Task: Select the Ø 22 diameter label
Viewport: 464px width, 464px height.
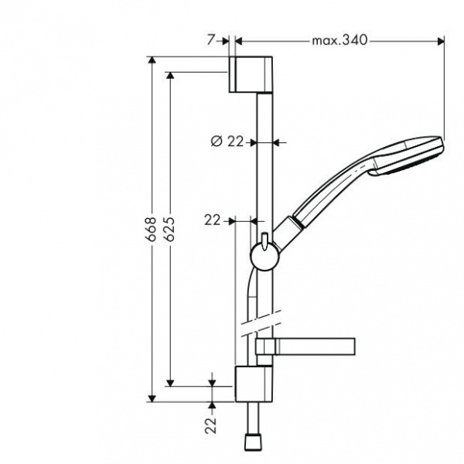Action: [x=227, y=141]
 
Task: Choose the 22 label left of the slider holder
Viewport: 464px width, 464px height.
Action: [x=213, y=220]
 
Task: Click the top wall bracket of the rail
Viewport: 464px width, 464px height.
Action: [x=251, y=74]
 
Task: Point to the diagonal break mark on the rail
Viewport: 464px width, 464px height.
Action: [x=262, y=322]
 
